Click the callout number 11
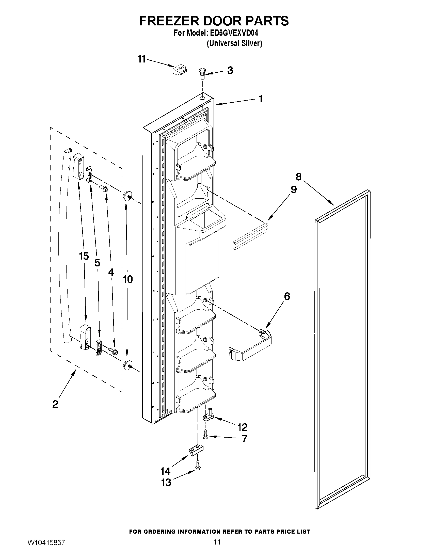point(141,59)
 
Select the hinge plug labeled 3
point(202,73)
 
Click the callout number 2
point(55,404)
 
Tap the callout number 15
point(84,256)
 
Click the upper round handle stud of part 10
point(127,196)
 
